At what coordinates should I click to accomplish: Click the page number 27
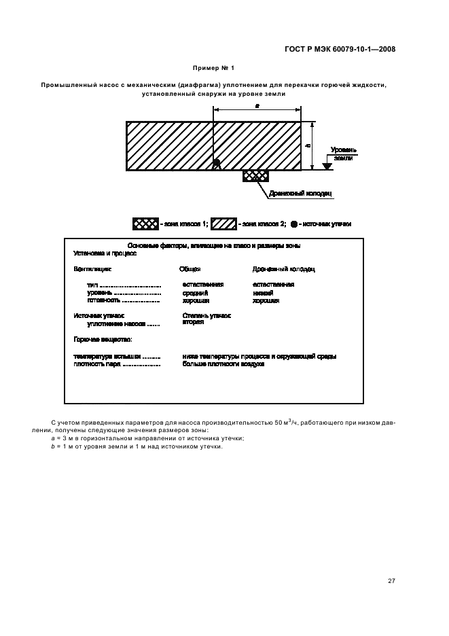(391, 580)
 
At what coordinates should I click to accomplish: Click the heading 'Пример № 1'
(213, 68)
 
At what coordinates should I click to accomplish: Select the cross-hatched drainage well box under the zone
(255, 176)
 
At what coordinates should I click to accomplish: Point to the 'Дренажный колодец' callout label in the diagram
(300, 194)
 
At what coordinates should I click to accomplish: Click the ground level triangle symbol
(327, 166)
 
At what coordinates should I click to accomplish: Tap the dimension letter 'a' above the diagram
(257, 107)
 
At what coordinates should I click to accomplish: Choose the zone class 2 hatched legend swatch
(223, 224)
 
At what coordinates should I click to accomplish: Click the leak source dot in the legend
(293, 224)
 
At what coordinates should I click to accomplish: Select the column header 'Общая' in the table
(190, 269)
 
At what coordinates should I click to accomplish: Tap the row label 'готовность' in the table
(103, 300)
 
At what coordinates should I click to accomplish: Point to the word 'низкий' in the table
(262, 293)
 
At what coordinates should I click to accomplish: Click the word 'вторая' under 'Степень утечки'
(193, 322)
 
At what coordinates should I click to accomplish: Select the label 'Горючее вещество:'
(103, 338)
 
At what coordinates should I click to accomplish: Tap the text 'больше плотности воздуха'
(223, 364)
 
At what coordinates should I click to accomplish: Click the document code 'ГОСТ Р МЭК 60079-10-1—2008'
(340, 49)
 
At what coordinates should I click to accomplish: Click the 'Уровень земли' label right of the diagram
(344, 153)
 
